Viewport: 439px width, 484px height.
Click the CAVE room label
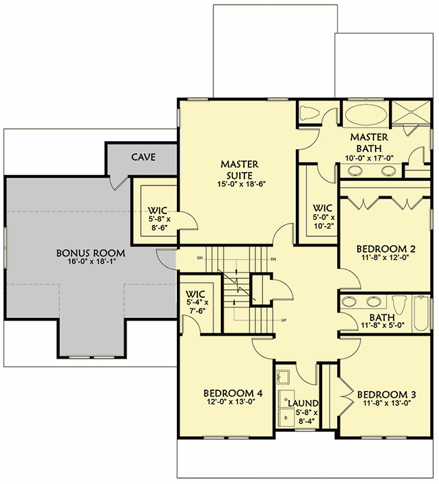pyautogui.click(x=143, y=157)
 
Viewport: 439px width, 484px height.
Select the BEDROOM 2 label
pyautogui.click(x=383, y=247)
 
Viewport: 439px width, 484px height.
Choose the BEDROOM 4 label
pyautogui.click(x=232, y=394)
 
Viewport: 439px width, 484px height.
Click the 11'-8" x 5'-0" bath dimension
pyautogui.click(x=382, y=325)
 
